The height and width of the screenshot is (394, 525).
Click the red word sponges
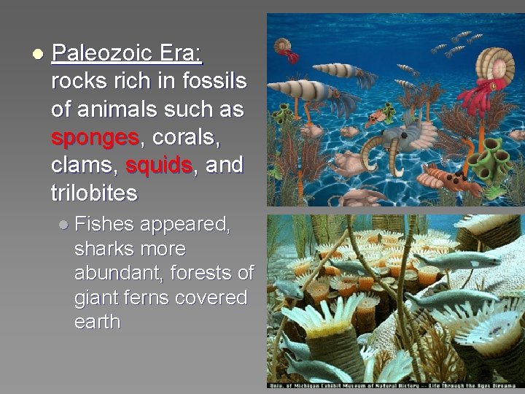[x=95, y=137]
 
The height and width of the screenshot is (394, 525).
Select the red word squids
[x=158, y=166]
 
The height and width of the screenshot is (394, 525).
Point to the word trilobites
[x=94, y=193]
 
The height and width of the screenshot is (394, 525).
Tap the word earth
[x=97, y=322]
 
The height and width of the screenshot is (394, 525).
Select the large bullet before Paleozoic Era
[x=37, y=54]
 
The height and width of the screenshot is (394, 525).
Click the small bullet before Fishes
[x=64, y=225]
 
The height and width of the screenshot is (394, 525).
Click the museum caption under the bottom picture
[x=394, y=384]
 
